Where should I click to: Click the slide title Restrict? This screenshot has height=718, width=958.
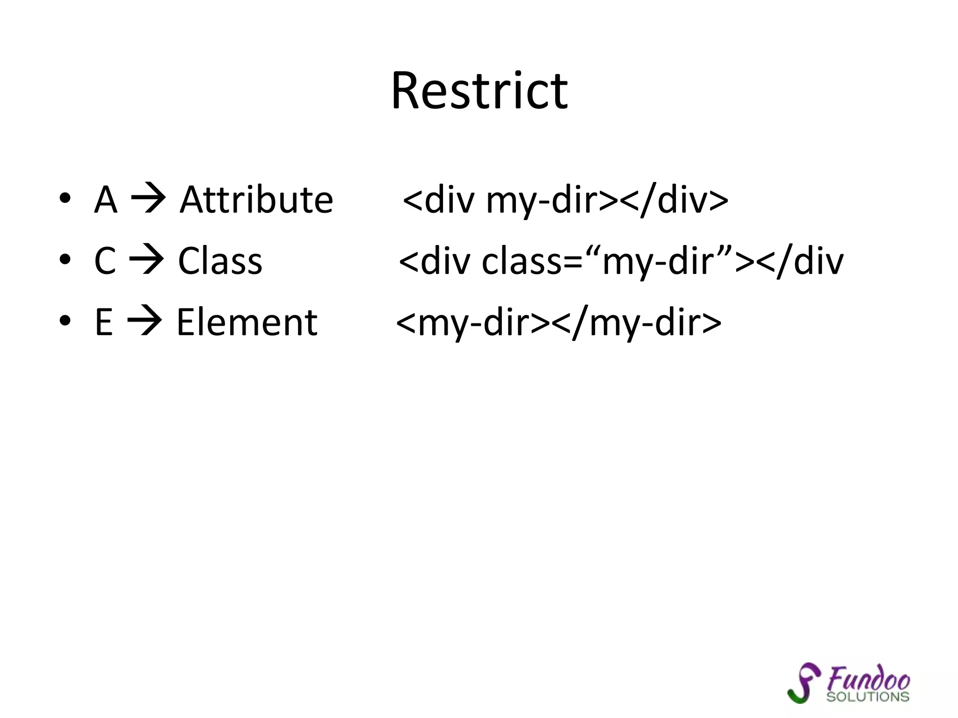(479, 91)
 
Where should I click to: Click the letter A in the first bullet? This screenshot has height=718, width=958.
(105, 200)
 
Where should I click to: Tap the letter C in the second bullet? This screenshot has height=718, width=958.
(105, 261)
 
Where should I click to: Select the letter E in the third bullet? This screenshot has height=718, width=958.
(104, 322)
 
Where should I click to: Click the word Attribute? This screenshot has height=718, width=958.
(256, 200)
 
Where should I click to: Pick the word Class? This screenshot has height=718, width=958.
(220, 261)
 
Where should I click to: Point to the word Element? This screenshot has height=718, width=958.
(247, 322)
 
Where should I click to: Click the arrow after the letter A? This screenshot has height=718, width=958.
(148, 199)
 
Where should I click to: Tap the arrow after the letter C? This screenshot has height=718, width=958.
(146, 260)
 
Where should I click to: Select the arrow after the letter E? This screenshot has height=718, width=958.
(145, 321)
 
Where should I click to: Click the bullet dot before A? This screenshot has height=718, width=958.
(65, 198)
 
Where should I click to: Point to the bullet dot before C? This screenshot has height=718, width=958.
(65, 259)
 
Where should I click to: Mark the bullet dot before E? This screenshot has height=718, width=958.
(65, 321)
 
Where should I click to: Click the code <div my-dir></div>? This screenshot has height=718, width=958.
(565, 200)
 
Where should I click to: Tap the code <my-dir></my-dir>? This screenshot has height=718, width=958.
(559, 322)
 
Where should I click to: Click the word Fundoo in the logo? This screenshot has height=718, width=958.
(868, 679)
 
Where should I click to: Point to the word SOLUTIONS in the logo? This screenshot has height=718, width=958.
(868, 696)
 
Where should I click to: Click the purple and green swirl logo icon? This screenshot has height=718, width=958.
(804, 682)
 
